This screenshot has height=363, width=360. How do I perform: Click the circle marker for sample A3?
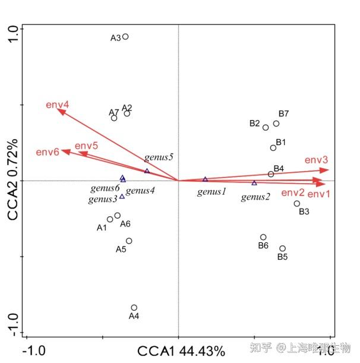[x=125, y=37]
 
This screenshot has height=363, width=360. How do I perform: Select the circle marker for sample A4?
[x=134, y=308]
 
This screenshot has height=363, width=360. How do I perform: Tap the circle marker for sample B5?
[x=283, y=248]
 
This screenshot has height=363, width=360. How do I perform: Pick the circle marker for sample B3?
[x=297, y=204]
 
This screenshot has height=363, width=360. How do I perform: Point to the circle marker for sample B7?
[x=276, y=124]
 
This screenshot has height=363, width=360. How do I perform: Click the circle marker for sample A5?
[x=129, y=241]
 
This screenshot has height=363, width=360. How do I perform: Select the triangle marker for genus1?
[x=205, y=179]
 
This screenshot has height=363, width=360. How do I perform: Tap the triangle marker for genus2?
[x=254, y=182]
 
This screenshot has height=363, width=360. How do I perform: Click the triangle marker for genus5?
[x=147, y=171]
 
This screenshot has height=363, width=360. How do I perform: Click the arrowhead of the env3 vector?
[x=328, y=170]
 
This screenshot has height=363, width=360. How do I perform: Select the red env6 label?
[x=48, y=152]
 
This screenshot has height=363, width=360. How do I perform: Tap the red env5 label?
[x=86, y=146]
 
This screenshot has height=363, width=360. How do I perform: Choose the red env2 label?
[x=293, y=192]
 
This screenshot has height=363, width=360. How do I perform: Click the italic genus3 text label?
[x=103, y=200]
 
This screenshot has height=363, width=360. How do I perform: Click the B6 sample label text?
[x=263, y=245]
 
